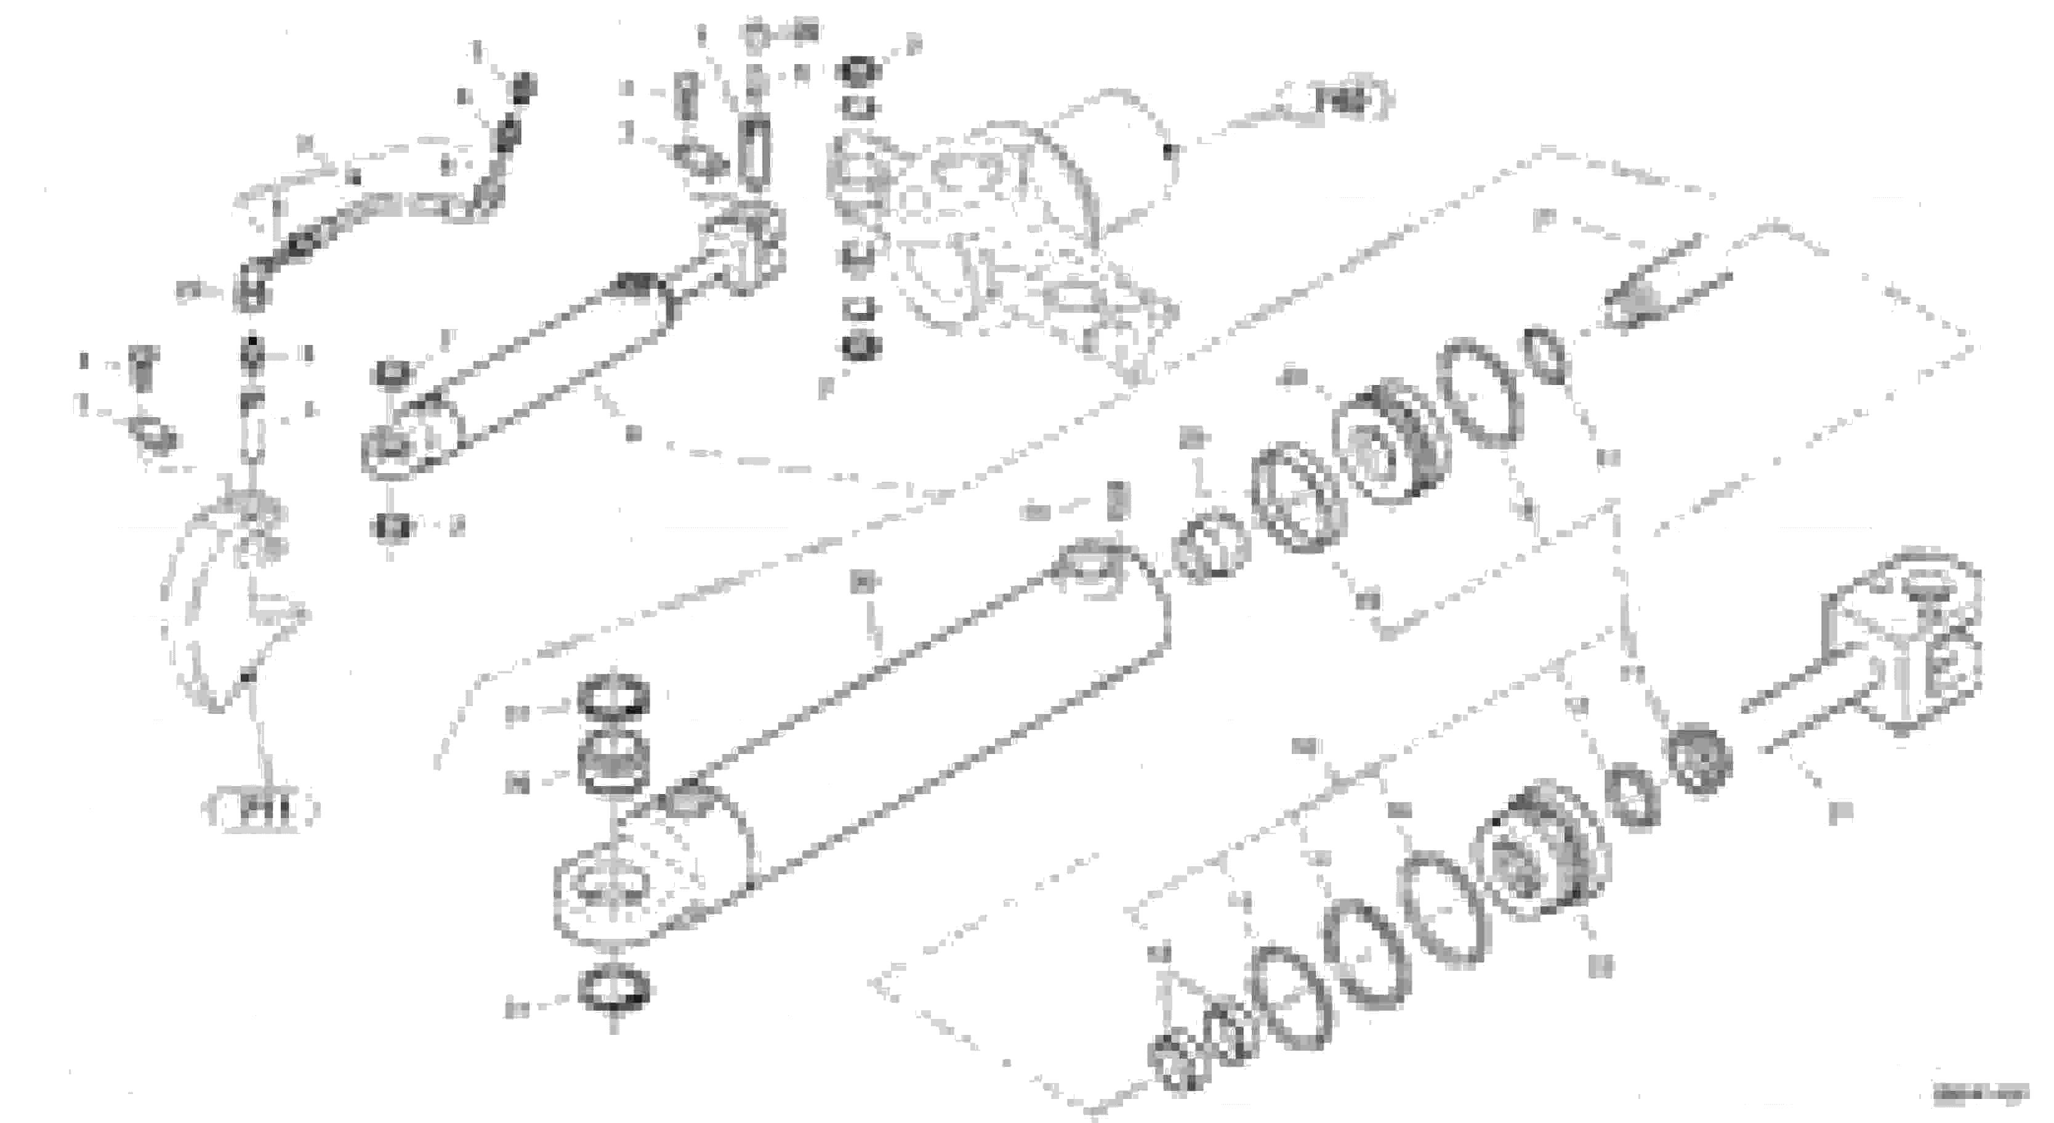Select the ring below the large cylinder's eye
point(613,991)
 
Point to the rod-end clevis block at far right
point(1914,638)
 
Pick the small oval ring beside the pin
point(1548,355)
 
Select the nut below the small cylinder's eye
point(391,527)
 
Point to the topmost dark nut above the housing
point(857,72)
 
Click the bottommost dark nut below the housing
point(860,346)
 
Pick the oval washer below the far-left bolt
point(153,435)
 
